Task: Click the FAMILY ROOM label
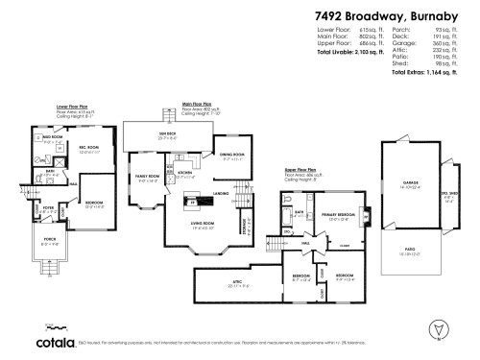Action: (148, 177)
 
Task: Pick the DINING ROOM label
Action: (233, 155)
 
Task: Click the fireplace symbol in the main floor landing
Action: (194, 203)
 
